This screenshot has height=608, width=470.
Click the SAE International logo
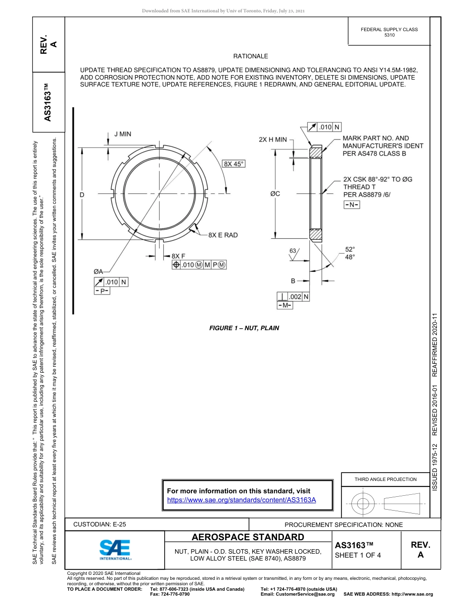pyautogui.click(x=115, y=549)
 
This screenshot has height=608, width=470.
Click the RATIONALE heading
pyautogui.click(x=250, y=56)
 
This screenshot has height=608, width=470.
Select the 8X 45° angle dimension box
pyautogui.click(x=234, y=164)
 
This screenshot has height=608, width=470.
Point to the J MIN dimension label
pyautogui.click(x=123, y=134)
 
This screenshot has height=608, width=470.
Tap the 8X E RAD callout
pyautogui.click(x=223, y=235)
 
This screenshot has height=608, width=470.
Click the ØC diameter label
pyautogui.click(x=275, y=194)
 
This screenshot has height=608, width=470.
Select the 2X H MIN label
pyautogui.click(x=273, y=140)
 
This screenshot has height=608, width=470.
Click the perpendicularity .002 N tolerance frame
pyautogui.click(x=293, y=297)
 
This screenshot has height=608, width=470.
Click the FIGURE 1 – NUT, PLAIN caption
pyautogui.click(x=244, y=328)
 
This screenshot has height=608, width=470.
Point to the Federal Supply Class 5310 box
pyautogui.click(x=389, y=32)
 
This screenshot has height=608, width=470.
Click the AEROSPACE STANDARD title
pyautogui.click(x=248, y=537)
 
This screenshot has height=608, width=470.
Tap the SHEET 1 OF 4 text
pyautogui.click(x=358, y=555)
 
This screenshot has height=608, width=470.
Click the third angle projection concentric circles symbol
pyautogui.click(x=363, y=504)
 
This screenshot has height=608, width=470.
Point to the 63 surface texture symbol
pyautogui.click(x=293, y=253)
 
